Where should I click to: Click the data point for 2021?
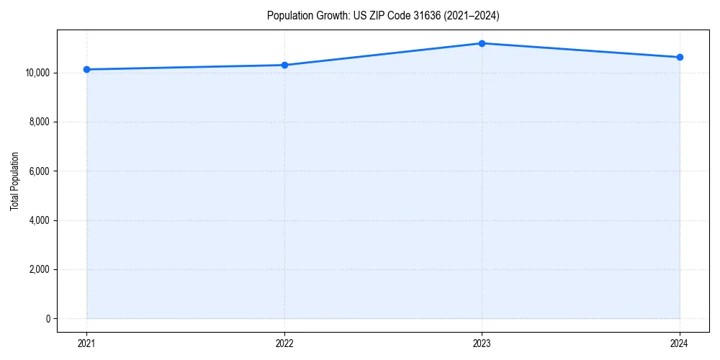click(86, 69)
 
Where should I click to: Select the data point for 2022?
click(284, 65)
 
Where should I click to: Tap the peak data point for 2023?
click(482, 43)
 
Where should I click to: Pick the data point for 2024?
click(680, 57)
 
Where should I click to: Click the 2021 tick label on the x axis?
click(86, 343)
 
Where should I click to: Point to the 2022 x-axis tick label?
click(284, 343)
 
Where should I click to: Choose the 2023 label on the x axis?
click(482, 343)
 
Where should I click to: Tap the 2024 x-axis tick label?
click(680, 343)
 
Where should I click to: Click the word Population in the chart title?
click(287, 15)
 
